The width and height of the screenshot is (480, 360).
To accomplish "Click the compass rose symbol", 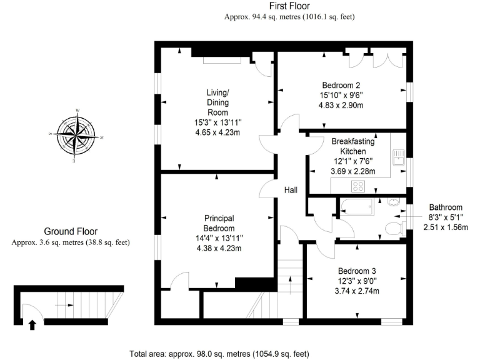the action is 76,135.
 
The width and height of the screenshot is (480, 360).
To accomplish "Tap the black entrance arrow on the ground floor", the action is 32,324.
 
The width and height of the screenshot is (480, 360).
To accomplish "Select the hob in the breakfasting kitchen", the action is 359,186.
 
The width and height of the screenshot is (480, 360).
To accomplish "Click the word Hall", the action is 291,190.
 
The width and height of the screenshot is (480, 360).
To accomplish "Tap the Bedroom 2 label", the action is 341,86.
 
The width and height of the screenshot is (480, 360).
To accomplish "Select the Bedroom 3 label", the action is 357,271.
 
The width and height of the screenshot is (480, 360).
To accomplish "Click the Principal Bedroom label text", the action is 219,223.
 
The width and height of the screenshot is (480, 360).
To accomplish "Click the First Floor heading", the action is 290,7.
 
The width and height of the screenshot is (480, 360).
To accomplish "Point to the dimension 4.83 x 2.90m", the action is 341,106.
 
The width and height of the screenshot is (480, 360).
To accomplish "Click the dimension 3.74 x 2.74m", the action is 357,291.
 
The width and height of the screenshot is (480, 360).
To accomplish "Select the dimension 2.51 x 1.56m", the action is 446,227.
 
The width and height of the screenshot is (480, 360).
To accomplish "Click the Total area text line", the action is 219,353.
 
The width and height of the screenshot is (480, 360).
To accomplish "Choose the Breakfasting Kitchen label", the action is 352,146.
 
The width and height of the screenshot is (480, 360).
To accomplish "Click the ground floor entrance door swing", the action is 29,311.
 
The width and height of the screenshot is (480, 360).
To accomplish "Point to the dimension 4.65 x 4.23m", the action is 219,132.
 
